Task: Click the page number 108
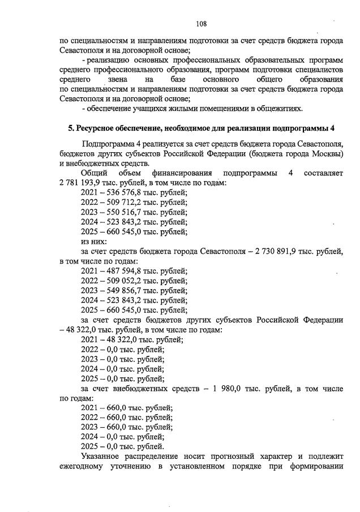[201, 24]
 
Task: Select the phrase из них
[94, 242]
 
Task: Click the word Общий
[94, 173]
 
